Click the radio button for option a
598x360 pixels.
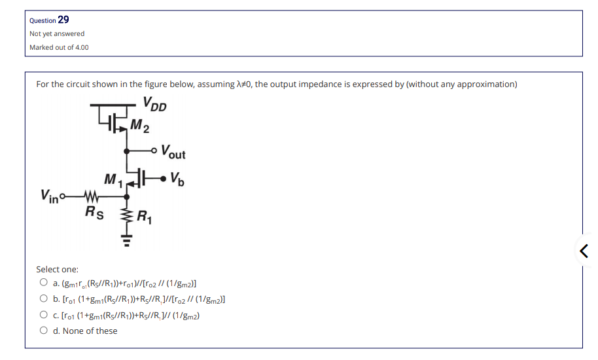click(43, 283)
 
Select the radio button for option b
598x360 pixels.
click(43, 299)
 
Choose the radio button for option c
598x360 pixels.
click(43, 315)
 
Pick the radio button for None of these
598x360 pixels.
click(43, 331)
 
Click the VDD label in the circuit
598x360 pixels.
click(154, 105)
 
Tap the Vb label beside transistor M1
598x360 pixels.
click(176, 177)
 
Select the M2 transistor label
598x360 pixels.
click(139, 124)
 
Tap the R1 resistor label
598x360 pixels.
click(143, 218)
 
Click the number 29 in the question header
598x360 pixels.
click(63, 20)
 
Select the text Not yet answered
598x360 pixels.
click(57, 33)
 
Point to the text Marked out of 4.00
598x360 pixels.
click(59, 47)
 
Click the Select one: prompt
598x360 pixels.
click(57, 269)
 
